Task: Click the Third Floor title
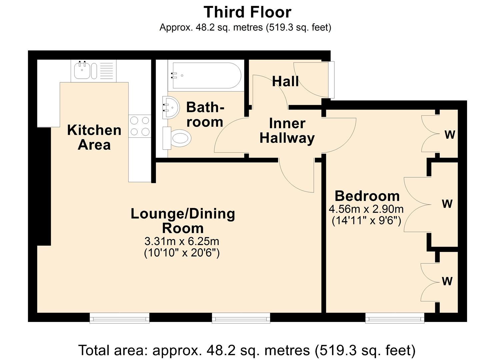247,12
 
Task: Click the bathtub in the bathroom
206,76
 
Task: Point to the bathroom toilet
178,138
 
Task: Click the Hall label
285,81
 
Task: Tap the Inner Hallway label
287,131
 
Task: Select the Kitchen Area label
94,137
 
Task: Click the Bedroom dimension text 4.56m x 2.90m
366,209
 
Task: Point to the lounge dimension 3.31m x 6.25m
182,241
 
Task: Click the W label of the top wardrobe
450,135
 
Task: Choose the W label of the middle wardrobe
447,203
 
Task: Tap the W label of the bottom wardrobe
447,281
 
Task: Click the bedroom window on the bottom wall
395,318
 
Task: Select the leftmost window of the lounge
119,318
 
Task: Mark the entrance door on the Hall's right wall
331,80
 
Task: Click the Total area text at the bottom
247,350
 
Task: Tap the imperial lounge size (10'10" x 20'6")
182,253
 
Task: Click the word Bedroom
367,196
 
